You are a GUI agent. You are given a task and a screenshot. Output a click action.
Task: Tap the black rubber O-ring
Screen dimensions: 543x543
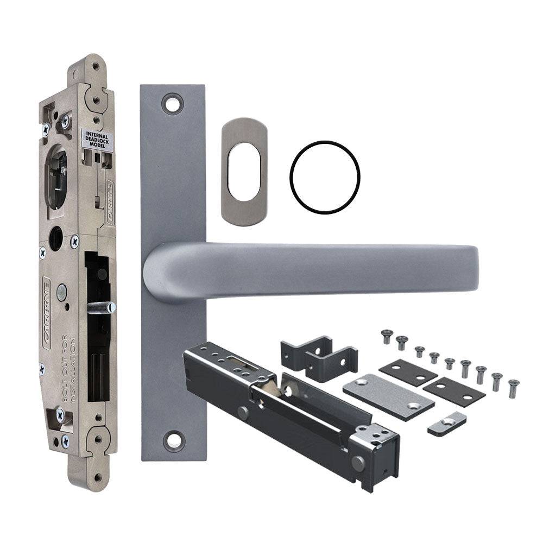(325, 177)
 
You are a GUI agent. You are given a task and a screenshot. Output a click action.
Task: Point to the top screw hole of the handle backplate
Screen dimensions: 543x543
(173, 103)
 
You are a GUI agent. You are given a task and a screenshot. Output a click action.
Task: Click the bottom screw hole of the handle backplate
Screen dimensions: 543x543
(173, 441)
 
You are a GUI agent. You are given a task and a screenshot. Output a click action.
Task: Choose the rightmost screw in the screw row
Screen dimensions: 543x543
(512, 389)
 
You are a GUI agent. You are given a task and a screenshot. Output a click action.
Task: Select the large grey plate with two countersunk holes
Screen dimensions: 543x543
(388, 396)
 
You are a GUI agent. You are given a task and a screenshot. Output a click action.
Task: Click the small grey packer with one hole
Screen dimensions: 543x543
(447, 424)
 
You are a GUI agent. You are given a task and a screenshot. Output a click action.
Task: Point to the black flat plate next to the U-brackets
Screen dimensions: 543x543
(408, 372)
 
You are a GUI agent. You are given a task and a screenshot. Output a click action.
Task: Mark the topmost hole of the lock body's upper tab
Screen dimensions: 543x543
(96, 66)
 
